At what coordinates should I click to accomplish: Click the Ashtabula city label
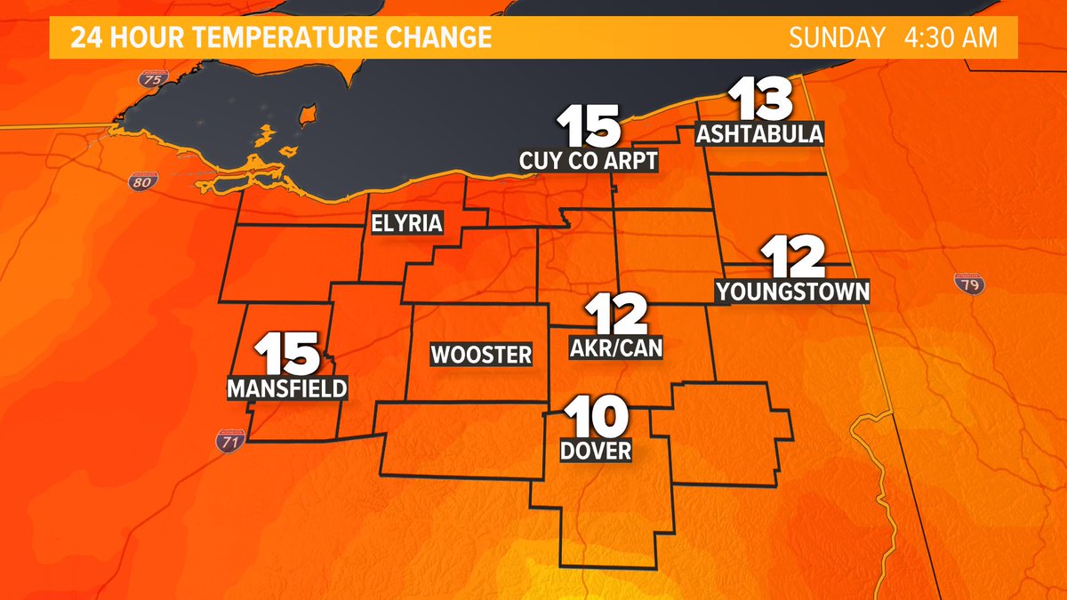(x=760, y=135)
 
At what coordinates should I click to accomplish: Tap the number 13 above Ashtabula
(x=760, y=101)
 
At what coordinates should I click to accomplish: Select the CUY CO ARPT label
(x=589, y=161)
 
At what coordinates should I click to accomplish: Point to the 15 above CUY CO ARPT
(x=589, y=127)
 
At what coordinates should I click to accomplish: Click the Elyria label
(x=406, y=223)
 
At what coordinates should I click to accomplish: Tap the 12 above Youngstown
(x=793, y=258)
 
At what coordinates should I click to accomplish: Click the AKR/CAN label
(x=616, y=348)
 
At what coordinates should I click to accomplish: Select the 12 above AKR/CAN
(x=614, y=316)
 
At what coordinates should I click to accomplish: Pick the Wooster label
(x=481, y=356)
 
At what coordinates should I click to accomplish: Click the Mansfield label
(x=287, y=388)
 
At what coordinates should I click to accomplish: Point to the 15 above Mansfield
(x=288, y=354)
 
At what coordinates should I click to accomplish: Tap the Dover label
(x=596, y=451)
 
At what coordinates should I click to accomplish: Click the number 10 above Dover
(x=596, y=416)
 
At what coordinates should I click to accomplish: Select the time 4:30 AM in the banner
(x=948, y=38)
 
